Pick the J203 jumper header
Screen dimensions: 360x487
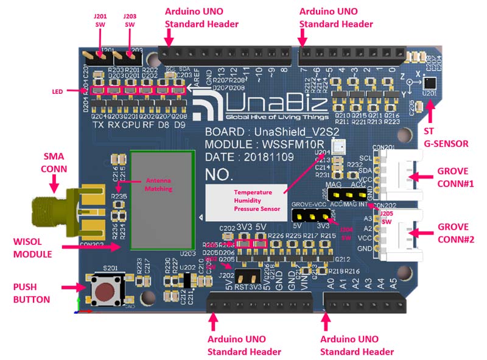128,57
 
